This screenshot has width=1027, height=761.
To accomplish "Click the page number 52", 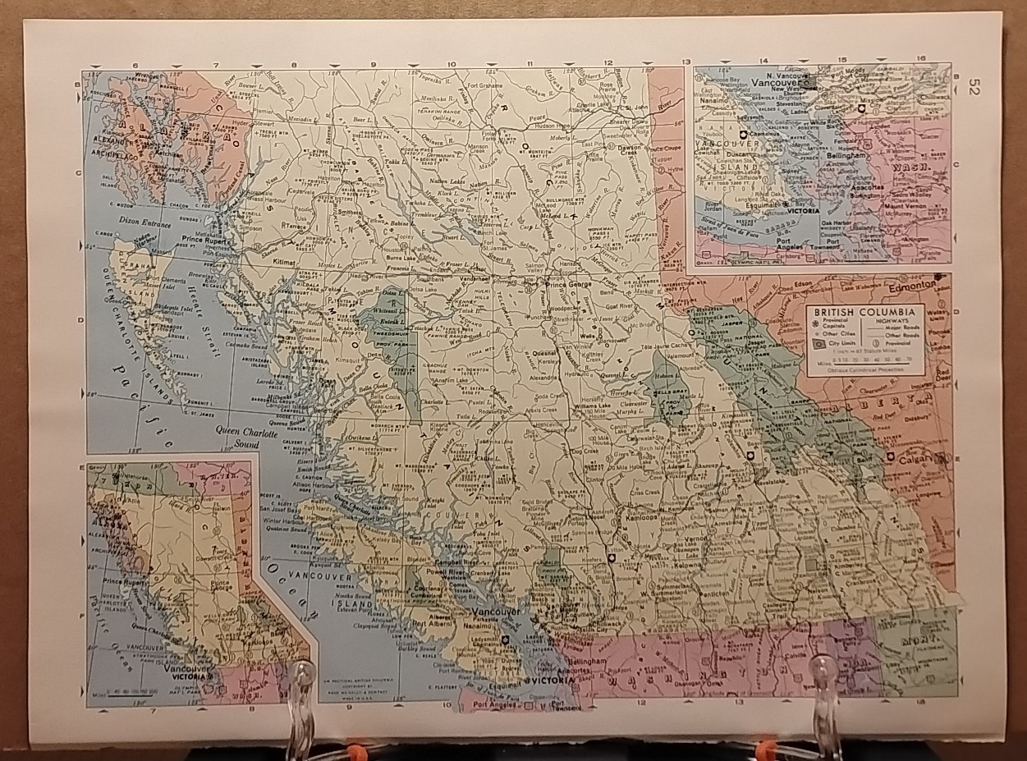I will pos(974,86).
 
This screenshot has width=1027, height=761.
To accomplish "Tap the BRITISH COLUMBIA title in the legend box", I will pos(864,313).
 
